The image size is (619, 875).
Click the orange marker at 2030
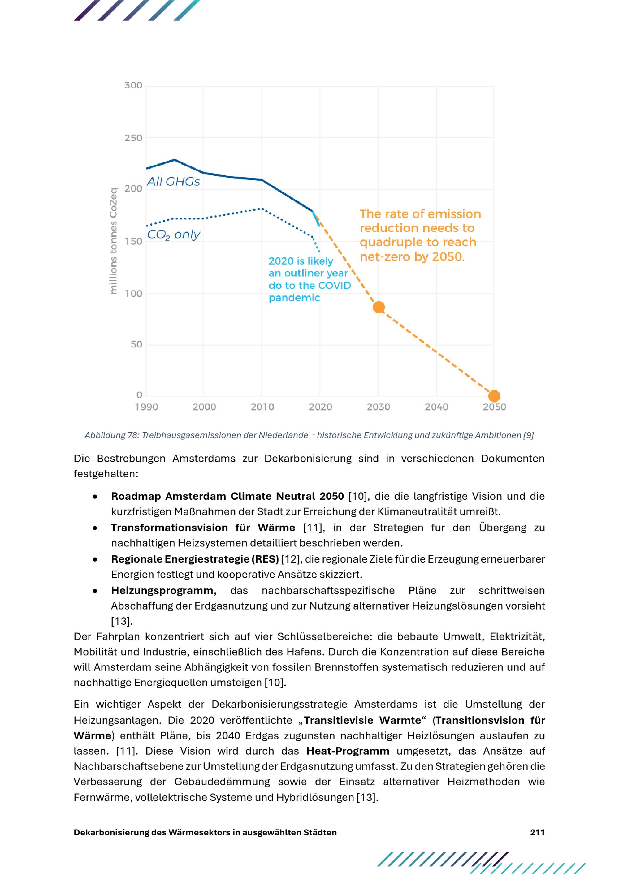379,307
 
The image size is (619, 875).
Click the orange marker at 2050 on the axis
494,396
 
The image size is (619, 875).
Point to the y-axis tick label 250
133,138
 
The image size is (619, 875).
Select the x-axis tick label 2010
262,407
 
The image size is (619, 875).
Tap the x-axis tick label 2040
436,407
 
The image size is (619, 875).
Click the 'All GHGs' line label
173,181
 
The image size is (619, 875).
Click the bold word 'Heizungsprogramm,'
164,591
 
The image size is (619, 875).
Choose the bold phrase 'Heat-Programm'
348,751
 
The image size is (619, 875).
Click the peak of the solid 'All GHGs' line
175,160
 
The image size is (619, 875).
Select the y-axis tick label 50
136,344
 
